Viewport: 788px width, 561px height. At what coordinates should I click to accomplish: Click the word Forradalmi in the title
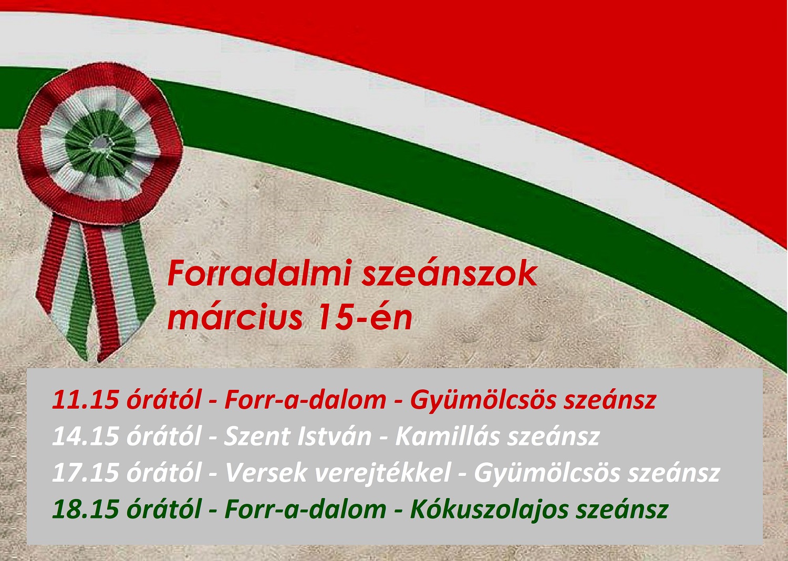[x=260, y=273]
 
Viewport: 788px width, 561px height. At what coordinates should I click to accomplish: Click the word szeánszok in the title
[x=450, y=273]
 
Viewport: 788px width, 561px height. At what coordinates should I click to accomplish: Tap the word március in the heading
[x=235, y=318]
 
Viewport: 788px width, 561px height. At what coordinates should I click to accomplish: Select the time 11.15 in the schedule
[x=86, y=400]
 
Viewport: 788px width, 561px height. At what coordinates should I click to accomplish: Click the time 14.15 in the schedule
[x=86, y=437]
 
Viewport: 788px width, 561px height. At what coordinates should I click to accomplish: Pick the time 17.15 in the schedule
[x=86, y=473]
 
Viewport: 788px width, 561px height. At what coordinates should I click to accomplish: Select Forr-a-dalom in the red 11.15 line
[x=305, y=400]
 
